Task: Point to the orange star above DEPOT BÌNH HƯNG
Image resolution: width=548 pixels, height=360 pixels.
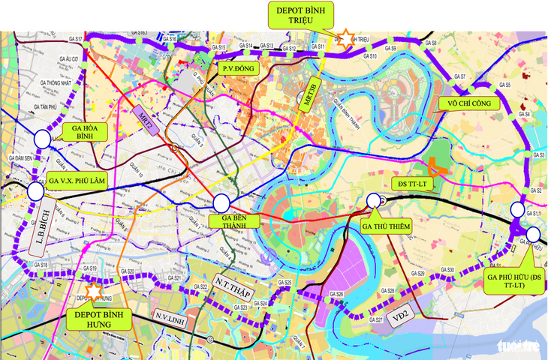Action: (94, 289)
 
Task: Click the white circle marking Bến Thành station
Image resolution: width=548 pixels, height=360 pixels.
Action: (221, 202)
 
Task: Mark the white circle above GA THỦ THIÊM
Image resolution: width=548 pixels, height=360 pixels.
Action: (374, 200)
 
